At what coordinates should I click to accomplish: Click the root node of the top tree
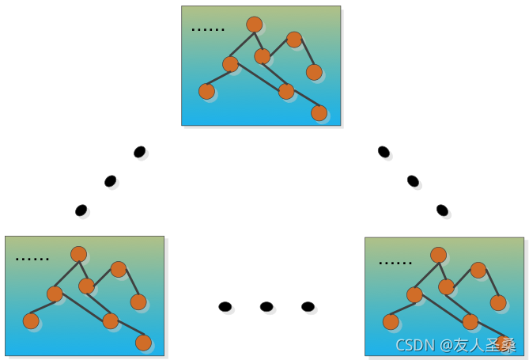[x=254, y=25]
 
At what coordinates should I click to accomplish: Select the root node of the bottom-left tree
[x=78, y=254]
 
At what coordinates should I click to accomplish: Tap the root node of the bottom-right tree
[x=438, y=255]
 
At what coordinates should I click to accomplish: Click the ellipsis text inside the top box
[x=208, y=30]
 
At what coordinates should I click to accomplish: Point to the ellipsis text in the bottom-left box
[x=32, y=259]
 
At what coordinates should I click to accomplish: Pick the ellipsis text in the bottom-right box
[x=395, y=262]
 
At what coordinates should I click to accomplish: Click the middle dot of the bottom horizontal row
[x=266, y=306]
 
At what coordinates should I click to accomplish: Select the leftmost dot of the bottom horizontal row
[x=225, y=306]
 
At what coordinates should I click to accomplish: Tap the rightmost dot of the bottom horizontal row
[x=308, y=306]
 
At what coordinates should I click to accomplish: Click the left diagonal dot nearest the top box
[x=139, y=151]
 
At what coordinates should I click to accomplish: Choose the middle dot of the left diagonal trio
[x=110, y=180]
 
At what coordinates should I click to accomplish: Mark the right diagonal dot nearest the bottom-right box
[x=442, y=210]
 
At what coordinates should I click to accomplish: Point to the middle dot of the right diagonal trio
[x=413, y=180]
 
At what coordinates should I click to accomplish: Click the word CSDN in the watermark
[x=415, y=345]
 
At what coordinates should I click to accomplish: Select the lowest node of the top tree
[x=319, y=113]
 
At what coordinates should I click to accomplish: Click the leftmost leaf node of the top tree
[x=206, y=92]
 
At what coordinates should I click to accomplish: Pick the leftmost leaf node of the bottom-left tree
[x=31, y=321]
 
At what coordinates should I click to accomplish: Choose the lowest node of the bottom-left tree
[x=143, y=343]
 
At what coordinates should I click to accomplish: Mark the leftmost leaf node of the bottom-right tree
[x=391, y=322]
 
